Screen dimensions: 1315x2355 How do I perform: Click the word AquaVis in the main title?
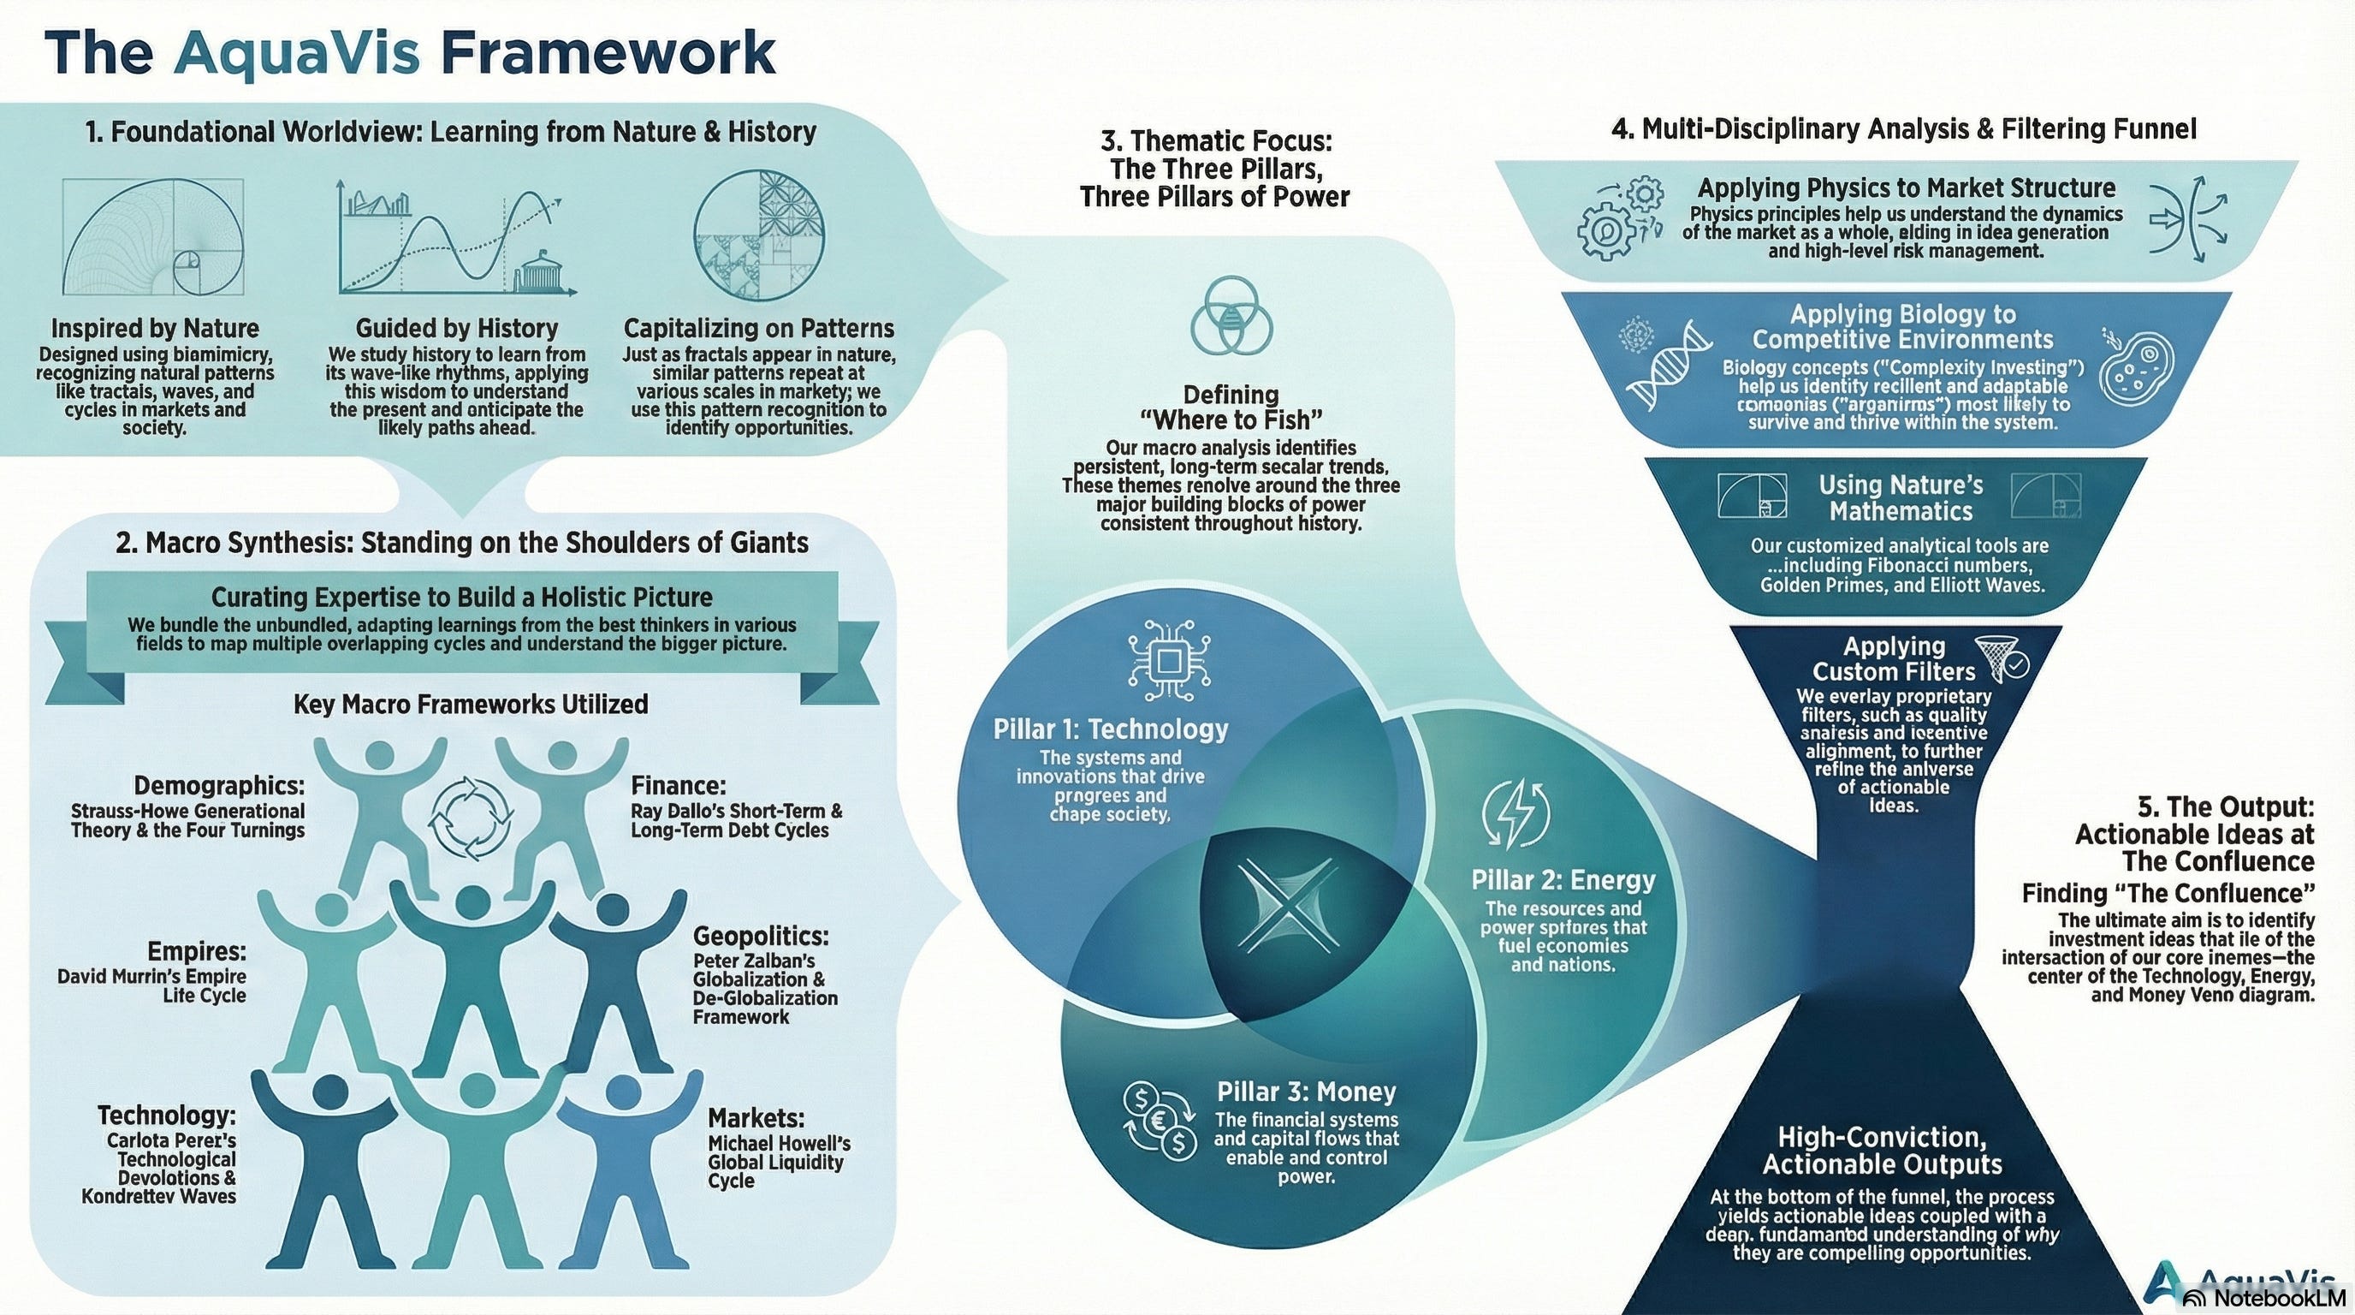pos(297,52)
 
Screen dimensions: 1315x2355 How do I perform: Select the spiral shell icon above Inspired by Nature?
pos(153,237)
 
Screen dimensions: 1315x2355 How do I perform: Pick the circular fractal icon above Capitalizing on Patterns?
pos(759,235)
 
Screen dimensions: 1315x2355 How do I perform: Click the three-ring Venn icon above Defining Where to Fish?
pos(1231,317)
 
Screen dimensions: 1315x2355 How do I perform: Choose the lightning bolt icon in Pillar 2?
pos(1515,813)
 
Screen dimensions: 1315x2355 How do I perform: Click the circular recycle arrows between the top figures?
pos(471,818)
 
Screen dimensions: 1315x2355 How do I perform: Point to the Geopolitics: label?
pos(761,937)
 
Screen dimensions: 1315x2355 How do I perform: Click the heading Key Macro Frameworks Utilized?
pos(471,704)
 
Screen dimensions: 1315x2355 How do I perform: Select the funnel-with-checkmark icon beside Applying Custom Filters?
pos(2002,659)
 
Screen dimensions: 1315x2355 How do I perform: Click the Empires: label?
pos(197,951)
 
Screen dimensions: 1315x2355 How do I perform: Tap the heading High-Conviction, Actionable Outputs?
pos(1883,1151)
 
